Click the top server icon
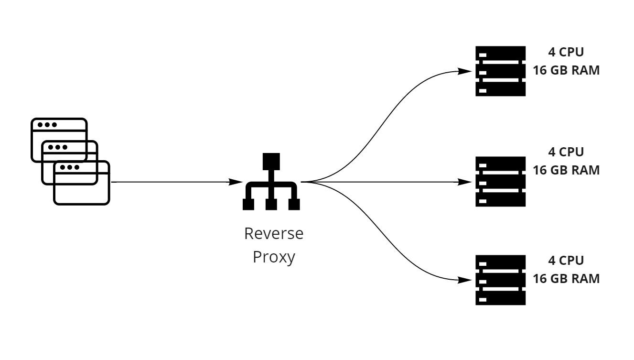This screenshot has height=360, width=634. (500, 71)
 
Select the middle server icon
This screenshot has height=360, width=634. (500, 182)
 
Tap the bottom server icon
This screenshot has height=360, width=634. (500, 280)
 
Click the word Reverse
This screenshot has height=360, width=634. (273, 234)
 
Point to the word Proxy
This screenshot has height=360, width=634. (273, 257)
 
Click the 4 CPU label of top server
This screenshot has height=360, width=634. (566, 53)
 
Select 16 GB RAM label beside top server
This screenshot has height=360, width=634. (566, 70)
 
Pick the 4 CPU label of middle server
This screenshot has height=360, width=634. (566, 152)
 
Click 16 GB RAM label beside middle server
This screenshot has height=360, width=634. (566, 170)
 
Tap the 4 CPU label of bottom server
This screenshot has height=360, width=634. (566, 261)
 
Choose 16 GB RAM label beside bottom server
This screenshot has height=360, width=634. (566, 279)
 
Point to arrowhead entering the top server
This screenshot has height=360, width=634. (466, 71)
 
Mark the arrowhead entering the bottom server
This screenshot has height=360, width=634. (466, 280)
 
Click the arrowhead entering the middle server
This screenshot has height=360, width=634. (466, 182)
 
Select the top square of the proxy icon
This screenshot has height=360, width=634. (271, 160)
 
